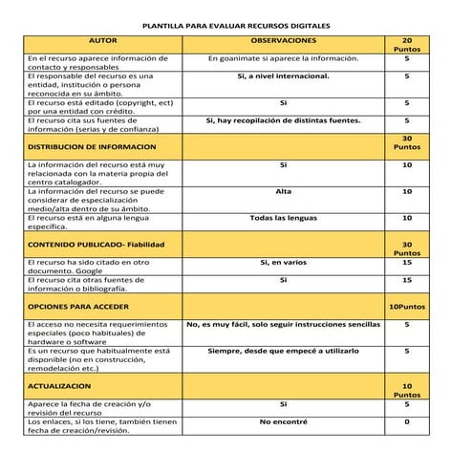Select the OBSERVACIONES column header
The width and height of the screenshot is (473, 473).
point(283,42)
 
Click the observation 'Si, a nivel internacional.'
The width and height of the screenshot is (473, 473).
point(283,75)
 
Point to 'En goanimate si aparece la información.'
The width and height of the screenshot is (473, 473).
point(283,58)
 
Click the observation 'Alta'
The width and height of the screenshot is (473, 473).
point(283,191)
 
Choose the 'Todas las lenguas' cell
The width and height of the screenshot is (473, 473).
point(283,218)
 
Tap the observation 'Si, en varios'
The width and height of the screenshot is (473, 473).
point(283,262)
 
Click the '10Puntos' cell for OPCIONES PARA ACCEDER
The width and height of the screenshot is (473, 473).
point(406,308)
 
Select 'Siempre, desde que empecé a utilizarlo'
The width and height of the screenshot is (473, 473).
point(283,351)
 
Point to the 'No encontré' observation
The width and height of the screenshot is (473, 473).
point(283,421)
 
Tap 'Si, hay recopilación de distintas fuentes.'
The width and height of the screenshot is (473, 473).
point(283,120)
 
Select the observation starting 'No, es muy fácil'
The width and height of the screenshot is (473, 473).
point(283,324)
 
